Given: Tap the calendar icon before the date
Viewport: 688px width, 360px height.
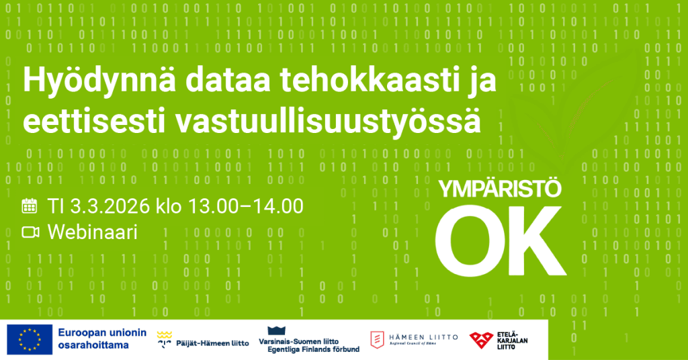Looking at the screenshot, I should [30, 206].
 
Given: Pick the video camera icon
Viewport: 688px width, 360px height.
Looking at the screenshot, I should [30, 232].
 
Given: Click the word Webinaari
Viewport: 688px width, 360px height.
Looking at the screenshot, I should [92, 232].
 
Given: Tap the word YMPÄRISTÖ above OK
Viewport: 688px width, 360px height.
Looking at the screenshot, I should [499, 190].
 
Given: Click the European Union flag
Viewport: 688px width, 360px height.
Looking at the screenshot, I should [29, 340].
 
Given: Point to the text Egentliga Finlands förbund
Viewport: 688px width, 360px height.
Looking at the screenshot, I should [313, 349].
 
